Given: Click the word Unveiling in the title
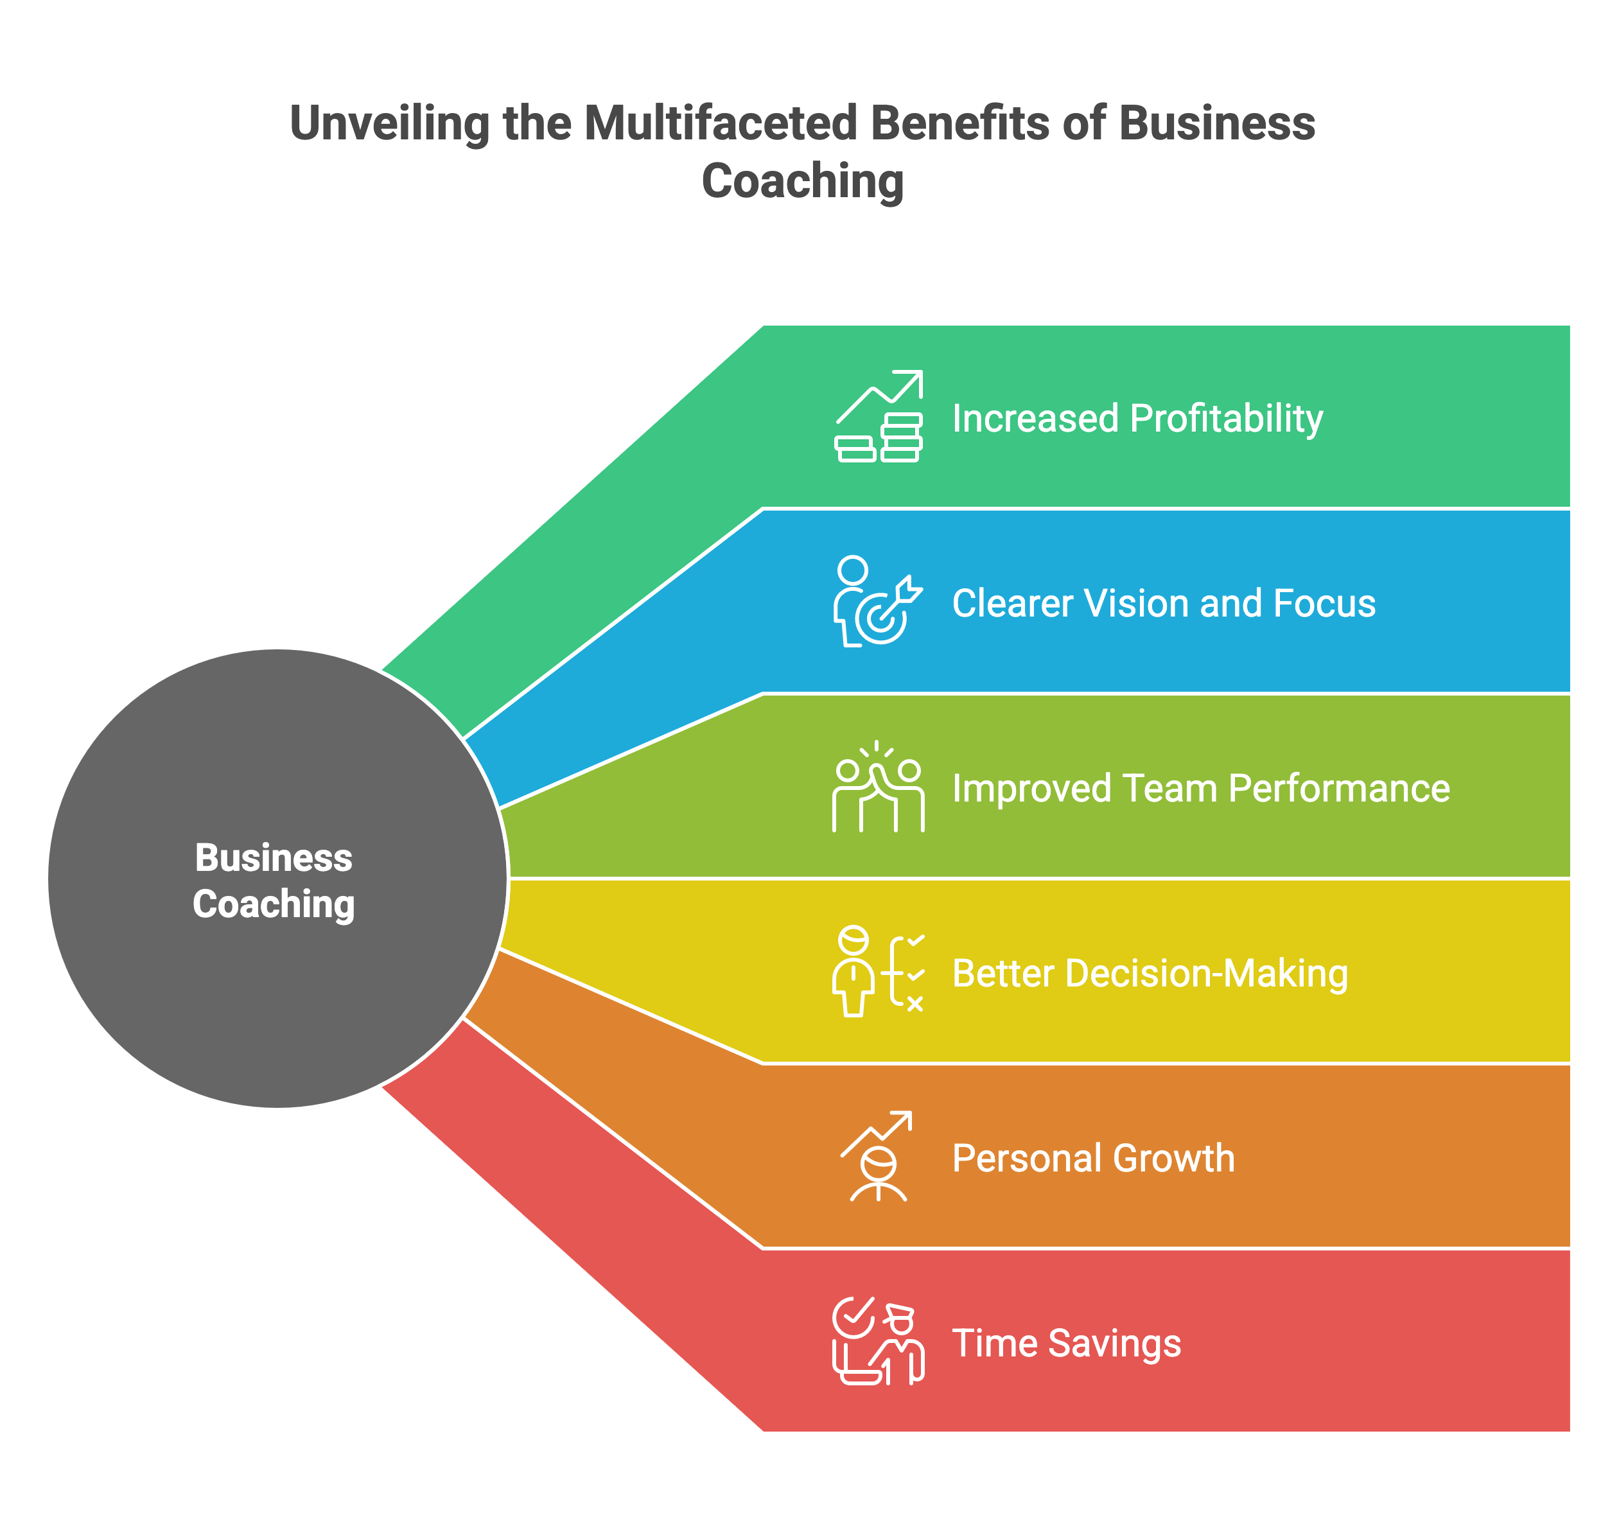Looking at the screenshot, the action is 389,125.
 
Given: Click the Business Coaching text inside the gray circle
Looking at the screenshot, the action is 274,881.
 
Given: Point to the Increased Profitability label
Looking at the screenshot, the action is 1138,419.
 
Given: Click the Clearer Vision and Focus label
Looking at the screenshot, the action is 1164,603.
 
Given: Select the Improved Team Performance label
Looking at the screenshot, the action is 1201,788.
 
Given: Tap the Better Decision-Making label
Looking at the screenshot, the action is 1150,974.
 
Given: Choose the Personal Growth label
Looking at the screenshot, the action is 1094,1159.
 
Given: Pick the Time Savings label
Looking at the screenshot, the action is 1067,1344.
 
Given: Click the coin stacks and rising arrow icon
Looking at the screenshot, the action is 879,416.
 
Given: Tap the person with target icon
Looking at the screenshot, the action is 878,602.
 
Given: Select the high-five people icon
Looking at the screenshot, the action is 878,787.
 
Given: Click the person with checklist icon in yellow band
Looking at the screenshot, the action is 878,972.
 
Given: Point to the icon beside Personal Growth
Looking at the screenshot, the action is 877,1156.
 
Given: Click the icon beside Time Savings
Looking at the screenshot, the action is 878,1341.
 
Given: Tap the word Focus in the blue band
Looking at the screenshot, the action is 1324,603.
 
